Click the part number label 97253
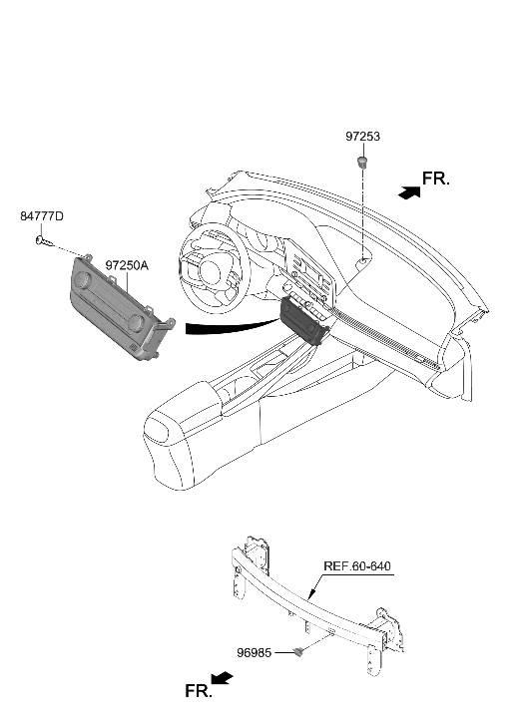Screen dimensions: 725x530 (x=363, y=137)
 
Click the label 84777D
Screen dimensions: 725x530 (x=42, y=216)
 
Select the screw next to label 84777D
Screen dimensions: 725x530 (x=41, y=240)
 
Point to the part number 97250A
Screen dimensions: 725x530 (x=126, y=266)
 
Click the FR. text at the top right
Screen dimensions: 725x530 (x=436, y=180)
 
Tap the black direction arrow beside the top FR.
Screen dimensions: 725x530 (x=407, y=191)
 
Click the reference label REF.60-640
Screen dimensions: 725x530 (x=357, y=566)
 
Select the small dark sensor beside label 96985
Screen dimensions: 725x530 (x=299, y=652)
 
